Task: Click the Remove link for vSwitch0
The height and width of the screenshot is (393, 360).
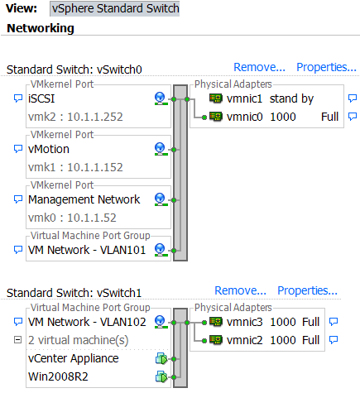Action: pos(259,68)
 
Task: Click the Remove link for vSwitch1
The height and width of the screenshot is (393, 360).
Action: pos(240,290)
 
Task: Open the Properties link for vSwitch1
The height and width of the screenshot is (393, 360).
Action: pos(307,290)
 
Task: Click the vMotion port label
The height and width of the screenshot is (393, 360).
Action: pos(49,149)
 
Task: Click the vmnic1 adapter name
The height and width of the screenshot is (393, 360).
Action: pos(246,98)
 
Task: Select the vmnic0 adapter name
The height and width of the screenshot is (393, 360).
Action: pos(246,117)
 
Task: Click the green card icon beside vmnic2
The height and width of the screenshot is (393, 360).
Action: pos(215,339)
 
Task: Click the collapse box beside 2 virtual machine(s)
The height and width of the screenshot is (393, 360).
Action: pos(18,340)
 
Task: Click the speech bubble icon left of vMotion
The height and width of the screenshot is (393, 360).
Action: pos(18,149)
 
